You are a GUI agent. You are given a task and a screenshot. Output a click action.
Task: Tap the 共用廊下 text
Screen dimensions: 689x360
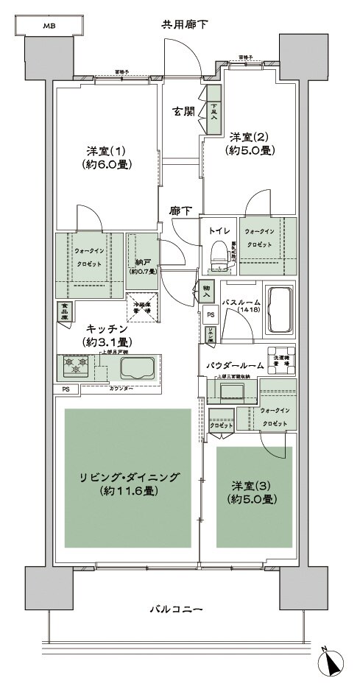[x=185, y=25]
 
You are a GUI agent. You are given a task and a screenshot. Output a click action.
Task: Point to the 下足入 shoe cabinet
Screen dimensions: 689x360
[x=214, y=110]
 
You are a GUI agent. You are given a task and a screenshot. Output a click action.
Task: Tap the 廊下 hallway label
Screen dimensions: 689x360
[x=181, y=211]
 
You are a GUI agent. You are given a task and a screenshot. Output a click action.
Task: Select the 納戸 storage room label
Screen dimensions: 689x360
[x=142, y=262]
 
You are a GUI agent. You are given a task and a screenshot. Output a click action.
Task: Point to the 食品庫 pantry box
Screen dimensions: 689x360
[x=64, y=311]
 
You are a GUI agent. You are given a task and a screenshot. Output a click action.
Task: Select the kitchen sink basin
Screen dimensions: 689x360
[x=138, y=367]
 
